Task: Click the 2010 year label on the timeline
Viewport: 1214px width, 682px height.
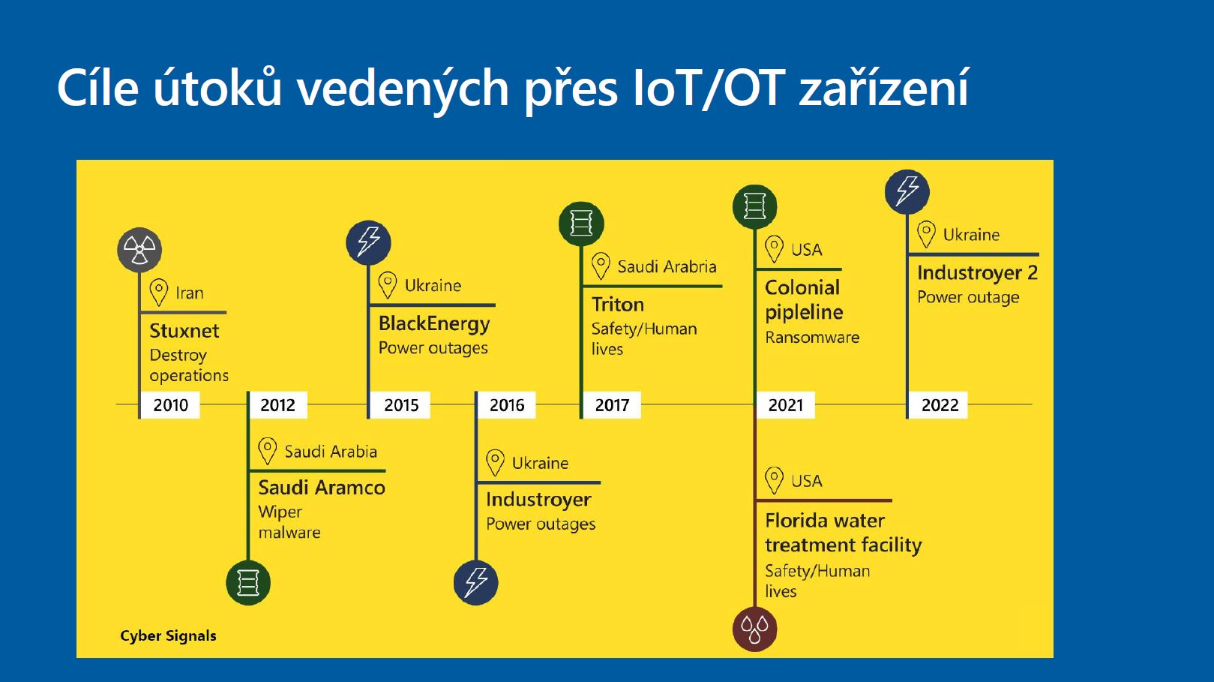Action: pos(170,405)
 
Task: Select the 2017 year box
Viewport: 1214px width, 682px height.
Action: pos(611,405)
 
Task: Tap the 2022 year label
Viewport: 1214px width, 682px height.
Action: pos(940,405)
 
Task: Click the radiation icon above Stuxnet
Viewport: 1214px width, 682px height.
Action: pos(139,250)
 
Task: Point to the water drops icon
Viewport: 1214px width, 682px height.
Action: pos(754,629)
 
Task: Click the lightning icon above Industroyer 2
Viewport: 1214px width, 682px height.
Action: pos(907,192)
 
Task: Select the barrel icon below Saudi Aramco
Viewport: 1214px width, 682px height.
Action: pos(248,583)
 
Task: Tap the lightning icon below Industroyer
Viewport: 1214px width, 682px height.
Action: pos(476,583)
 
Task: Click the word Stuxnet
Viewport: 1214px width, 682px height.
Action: pos(184,331)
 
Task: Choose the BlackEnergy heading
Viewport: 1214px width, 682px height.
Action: pos(434,323)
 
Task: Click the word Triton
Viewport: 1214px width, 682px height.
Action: pos(618,304)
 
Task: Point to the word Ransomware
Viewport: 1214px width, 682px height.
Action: pos(812,337)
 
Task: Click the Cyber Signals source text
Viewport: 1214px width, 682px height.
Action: pos(168,635)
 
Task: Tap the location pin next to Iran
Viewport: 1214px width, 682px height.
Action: pos(159,293)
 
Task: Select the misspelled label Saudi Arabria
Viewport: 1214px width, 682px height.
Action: pos(667,267)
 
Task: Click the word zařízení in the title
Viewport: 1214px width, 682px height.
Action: pos(883,88)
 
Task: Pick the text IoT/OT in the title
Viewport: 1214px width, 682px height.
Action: pos(709,88)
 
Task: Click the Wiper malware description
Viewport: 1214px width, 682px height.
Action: pos(289,522)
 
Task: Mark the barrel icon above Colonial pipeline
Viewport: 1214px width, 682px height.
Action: pos(754,206)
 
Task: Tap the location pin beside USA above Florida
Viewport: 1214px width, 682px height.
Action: pos(774,480)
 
